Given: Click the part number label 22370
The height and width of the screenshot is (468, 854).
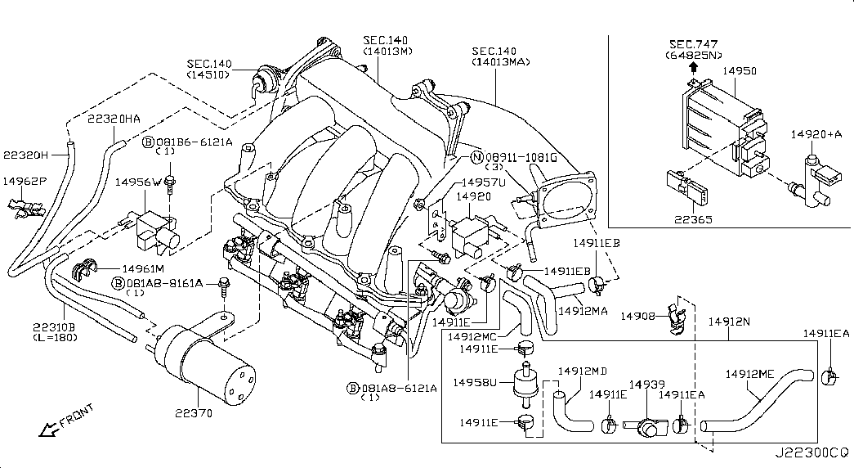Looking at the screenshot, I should point(193,413).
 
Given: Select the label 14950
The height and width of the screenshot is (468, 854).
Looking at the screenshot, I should point(740,71).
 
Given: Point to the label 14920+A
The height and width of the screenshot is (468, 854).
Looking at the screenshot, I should point(816,133).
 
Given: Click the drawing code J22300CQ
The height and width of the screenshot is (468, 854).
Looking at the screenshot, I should point(812,452).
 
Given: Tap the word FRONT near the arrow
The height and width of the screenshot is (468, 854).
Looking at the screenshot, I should point(78,415).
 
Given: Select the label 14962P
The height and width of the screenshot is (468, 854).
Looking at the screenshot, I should point(25,181).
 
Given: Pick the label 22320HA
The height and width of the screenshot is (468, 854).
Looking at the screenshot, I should point(114,119).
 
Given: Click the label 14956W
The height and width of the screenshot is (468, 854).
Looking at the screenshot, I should point(138,182).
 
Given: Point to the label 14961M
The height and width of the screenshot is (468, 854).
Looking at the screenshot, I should point(143,268).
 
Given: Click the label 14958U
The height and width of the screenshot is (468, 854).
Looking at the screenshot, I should point(476,381).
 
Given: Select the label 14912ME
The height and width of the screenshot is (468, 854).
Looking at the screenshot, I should point(749,375).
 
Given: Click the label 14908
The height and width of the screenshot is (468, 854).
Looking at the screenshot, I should point(637,316).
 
